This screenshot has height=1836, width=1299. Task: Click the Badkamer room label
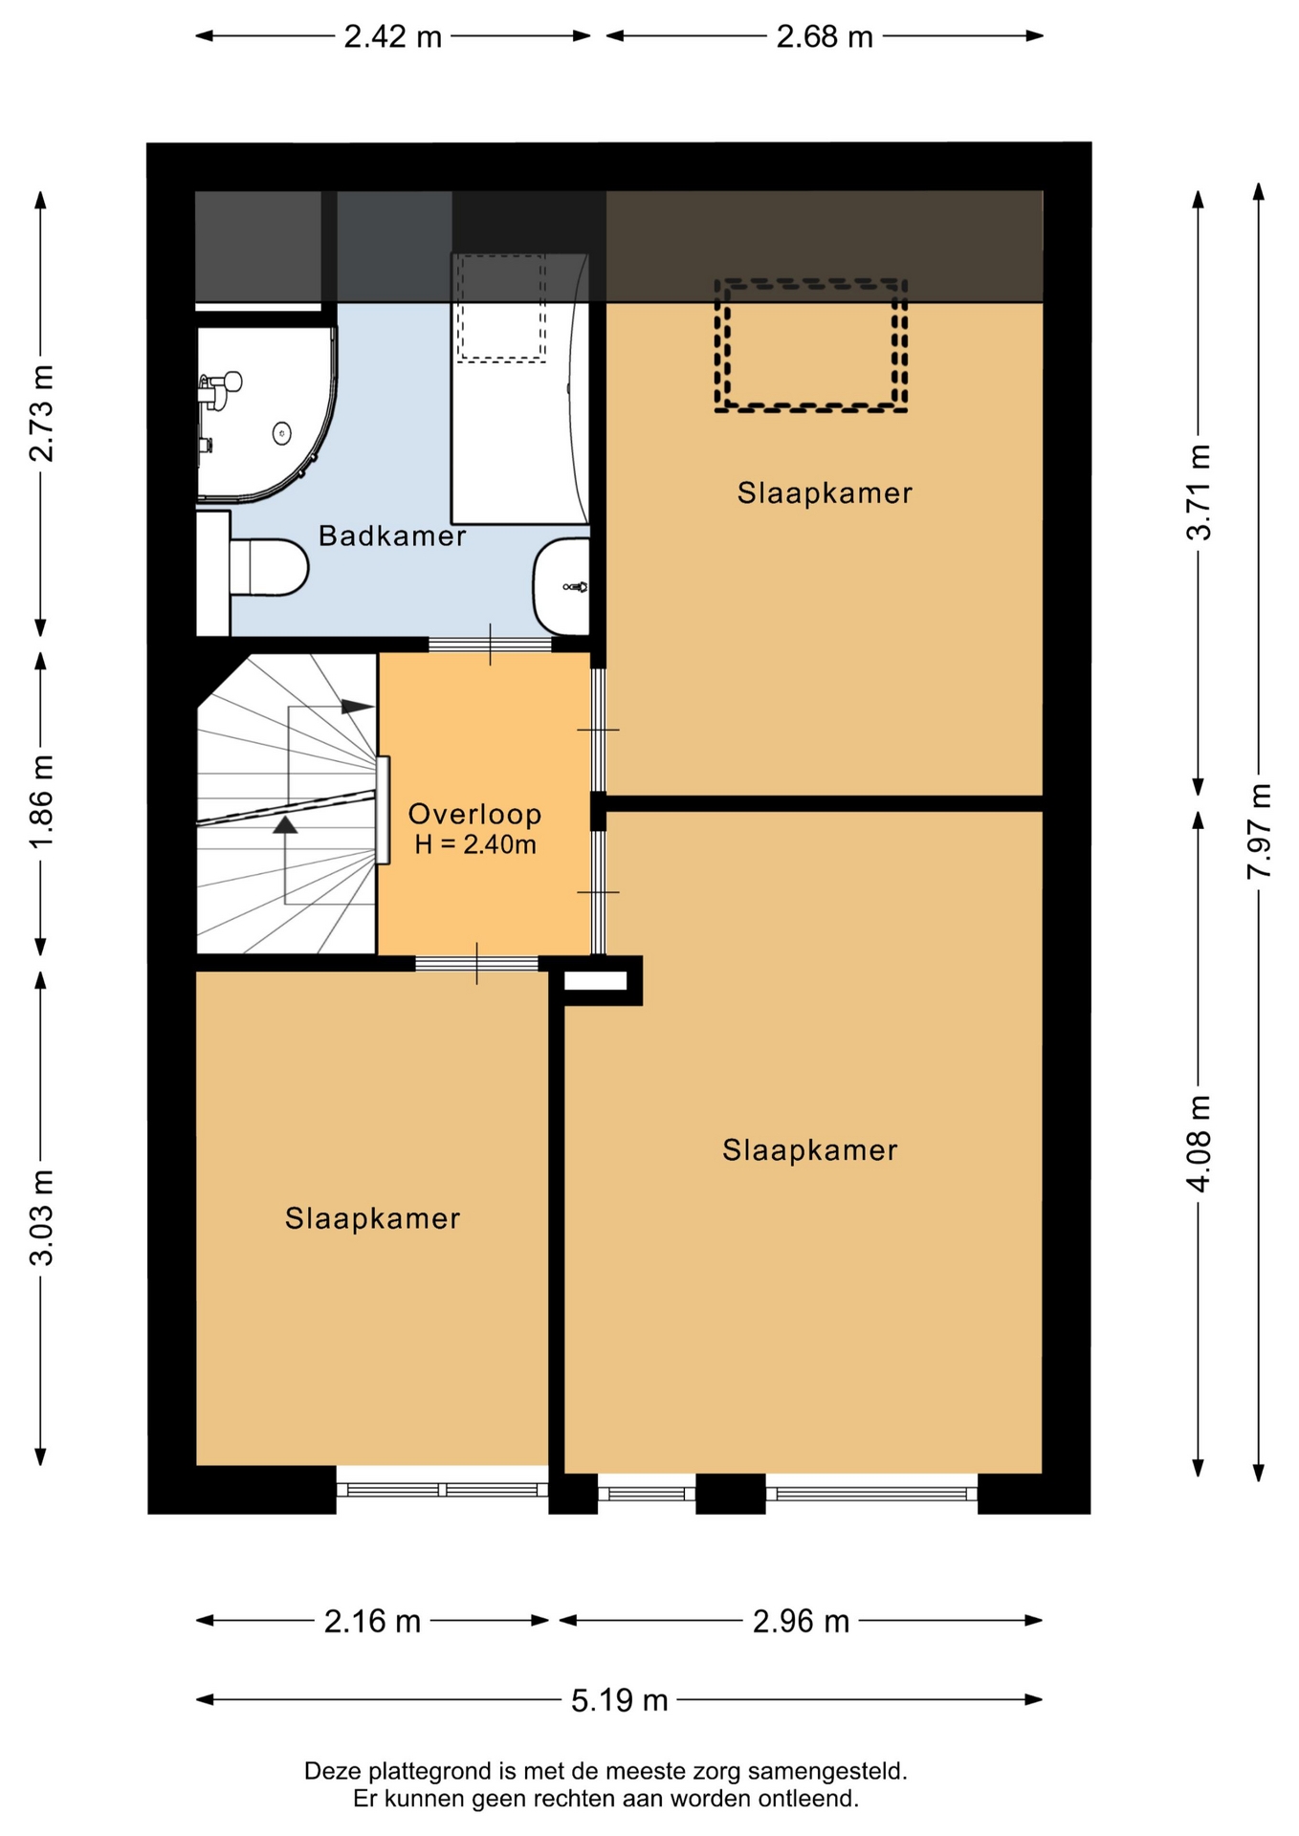tap(392, 535)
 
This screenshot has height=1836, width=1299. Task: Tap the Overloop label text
tap(475, 814)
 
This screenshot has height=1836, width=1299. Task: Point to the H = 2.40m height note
tap(475, 844)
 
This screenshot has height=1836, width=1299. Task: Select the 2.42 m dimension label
tap(393, 36)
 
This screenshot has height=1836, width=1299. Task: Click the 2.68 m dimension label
tap(825, 36)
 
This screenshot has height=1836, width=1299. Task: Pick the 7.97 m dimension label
tap(1259, 830)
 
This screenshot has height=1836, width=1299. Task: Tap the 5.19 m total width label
tap(620, 1700)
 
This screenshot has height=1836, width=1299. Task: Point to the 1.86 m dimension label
tap(41, 801)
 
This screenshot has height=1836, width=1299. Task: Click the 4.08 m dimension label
tap(1199, 1143)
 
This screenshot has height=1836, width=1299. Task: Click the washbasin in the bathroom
tap(561, 585)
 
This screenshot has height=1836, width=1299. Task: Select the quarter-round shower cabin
tap(266, 413)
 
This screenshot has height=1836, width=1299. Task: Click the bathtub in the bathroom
tap(520, 388)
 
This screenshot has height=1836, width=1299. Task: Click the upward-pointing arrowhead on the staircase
tap(285, 824)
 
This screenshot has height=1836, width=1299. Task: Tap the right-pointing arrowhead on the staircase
tap(358, 707)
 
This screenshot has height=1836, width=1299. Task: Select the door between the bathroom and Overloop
tap(491, 644)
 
